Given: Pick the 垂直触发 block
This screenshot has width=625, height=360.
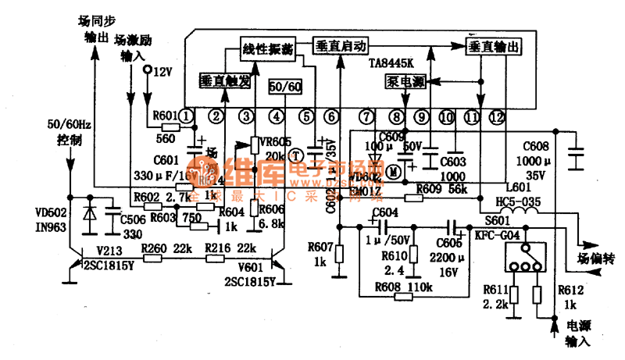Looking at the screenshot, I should (225, 80).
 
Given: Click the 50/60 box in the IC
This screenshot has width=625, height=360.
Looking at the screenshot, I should (284, 87).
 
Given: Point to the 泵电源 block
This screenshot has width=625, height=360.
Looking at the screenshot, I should (405, 80).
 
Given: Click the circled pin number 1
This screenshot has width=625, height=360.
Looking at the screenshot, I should (185, 117).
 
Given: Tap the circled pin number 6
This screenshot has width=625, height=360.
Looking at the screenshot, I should (332, 117).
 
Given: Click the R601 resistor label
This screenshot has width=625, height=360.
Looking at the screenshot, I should (165, 116).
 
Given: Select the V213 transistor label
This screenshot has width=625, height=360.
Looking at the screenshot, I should (109, 250).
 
